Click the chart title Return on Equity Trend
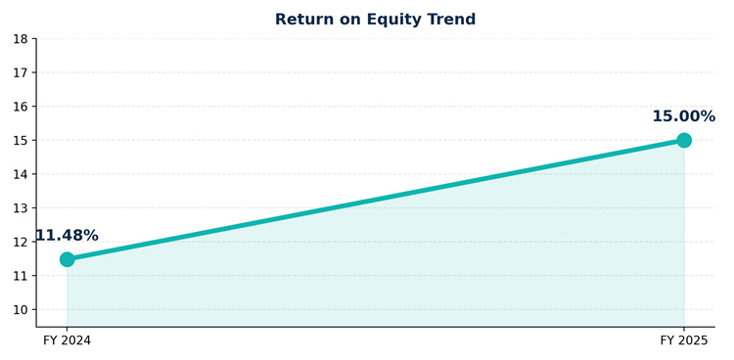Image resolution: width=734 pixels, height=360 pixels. point(375,20)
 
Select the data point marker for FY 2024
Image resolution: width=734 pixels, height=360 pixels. point(67,259)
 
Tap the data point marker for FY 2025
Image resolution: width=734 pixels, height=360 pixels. point(684,140)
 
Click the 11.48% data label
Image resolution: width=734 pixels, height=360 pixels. point(67,236)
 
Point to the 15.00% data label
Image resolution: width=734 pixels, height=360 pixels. point(684,116)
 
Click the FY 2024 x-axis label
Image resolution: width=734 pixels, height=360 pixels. point(67,340)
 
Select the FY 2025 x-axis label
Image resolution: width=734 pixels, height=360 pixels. point(684,340)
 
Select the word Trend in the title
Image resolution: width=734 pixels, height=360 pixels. point(451,20)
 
